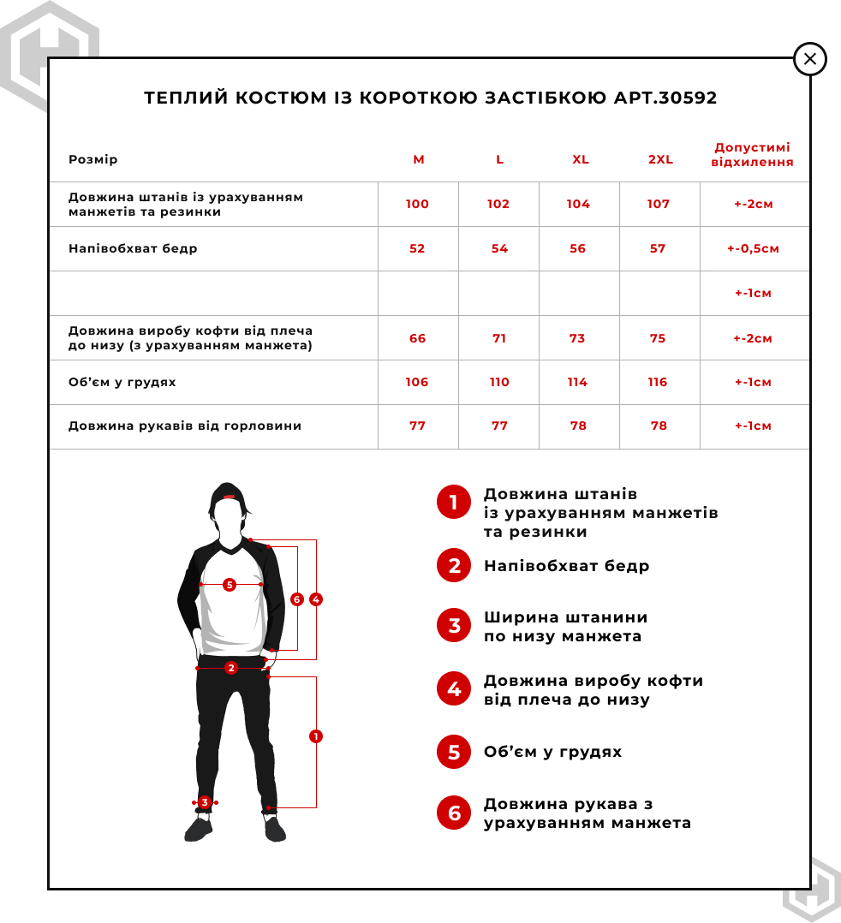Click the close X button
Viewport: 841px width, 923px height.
click(810, 59)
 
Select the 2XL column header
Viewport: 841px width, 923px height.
click(660, 160)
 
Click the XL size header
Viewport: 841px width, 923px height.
click(581, 160)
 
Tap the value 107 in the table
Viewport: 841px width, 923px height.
click(659, 204)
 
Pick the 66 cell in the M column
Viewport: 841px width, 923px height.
click(417, 338)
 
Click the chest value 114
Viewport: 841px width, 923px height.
click(577, 382)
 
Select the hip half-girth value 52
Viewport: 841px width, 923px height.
click(417, 248)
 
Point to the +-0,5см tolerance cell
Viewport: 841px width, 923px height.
click(753, 249)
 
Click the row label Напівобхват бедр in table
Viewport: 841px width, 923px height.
click(133, 248)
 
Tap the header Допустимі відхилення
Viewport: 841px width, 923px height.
click(753, 155)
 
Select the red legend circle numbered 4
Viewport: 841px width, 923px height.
click(454, 689)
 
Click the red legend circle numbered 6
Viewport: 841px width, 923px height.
click(454, 813)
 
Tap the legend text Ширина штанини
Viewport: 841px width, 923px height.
click(565, 617)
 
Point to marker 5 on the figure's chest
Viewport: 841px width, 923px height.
click(229, 585)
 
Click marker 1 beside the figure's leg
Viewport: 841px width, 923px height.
click(316, 736)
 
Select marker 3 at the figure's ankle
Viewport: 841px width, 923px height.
click(205, 802)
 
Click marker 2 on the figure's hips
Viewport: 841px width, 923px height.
click(230, 668)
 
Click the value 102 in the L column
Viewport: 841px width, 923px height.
click(498, 204)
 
